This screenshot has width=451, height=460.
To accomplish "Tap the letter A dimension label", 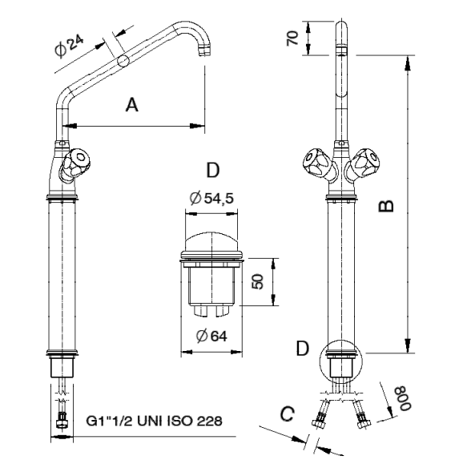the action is [132, 105].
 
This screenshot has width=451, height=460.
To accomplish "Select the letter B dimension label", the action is [386, 205].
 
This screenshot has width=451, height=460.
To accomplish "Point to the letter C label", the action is [287, 414].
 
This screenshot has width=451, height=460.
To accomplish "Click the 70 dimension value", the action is [292, 38].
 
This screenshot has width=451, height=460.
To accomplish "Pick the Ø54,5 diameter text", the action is [211, 198].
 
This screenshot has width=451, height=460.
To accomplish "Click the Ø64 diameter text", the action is [211, 336].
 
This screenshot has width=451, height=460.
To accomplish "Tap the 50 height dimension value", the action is [257, 281].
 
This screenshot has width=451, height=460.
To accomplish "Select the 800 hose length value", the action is [404, 398].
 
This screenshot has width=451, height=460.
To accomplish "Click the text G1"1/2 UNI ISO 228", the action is [155, 421].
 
